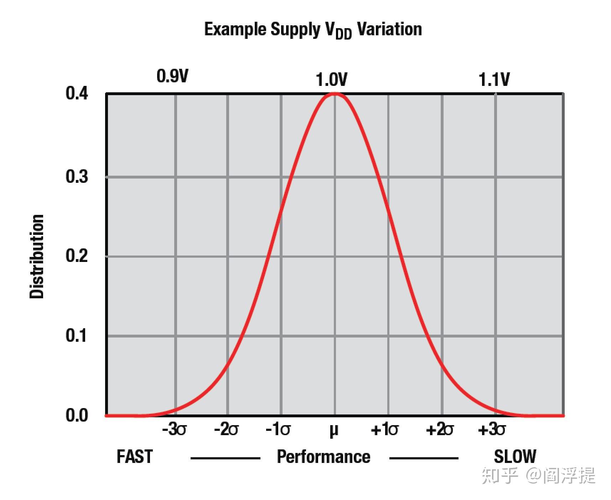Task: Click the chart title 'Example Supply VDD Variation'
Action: pos(313,30)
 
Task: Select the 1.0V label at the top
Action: pos(331,80)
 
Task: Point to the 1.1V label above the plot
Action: pos(494,80)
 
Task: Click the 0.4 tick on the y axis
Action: pos(77,94)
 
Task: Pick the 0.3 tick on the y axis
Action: pos(77,177)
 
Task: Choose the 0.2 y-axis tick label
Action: pos(77,256)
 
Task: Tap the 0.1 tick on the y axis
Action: pos(77,336)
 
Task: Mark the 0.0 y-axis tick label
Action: pos(77,416)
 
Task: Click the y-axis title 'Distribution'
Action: pos(37,256)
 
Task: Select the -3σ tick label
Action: pos(174,430)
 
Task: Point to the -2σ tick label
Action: pos(226,430)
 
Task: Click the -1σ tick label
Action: pos(278,430)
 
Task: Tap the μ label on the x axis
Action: pos(333,431)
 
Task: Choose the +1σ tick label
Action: pos(384,430)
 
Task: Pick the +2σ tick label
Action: pos(440,430)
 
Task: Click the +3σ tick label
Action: pos(492,430)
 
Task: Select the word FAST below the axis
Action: pos(135,457)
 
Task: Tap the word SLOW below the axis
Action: pos(515,457)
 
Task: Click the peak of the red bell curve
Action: pos(335,94)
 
